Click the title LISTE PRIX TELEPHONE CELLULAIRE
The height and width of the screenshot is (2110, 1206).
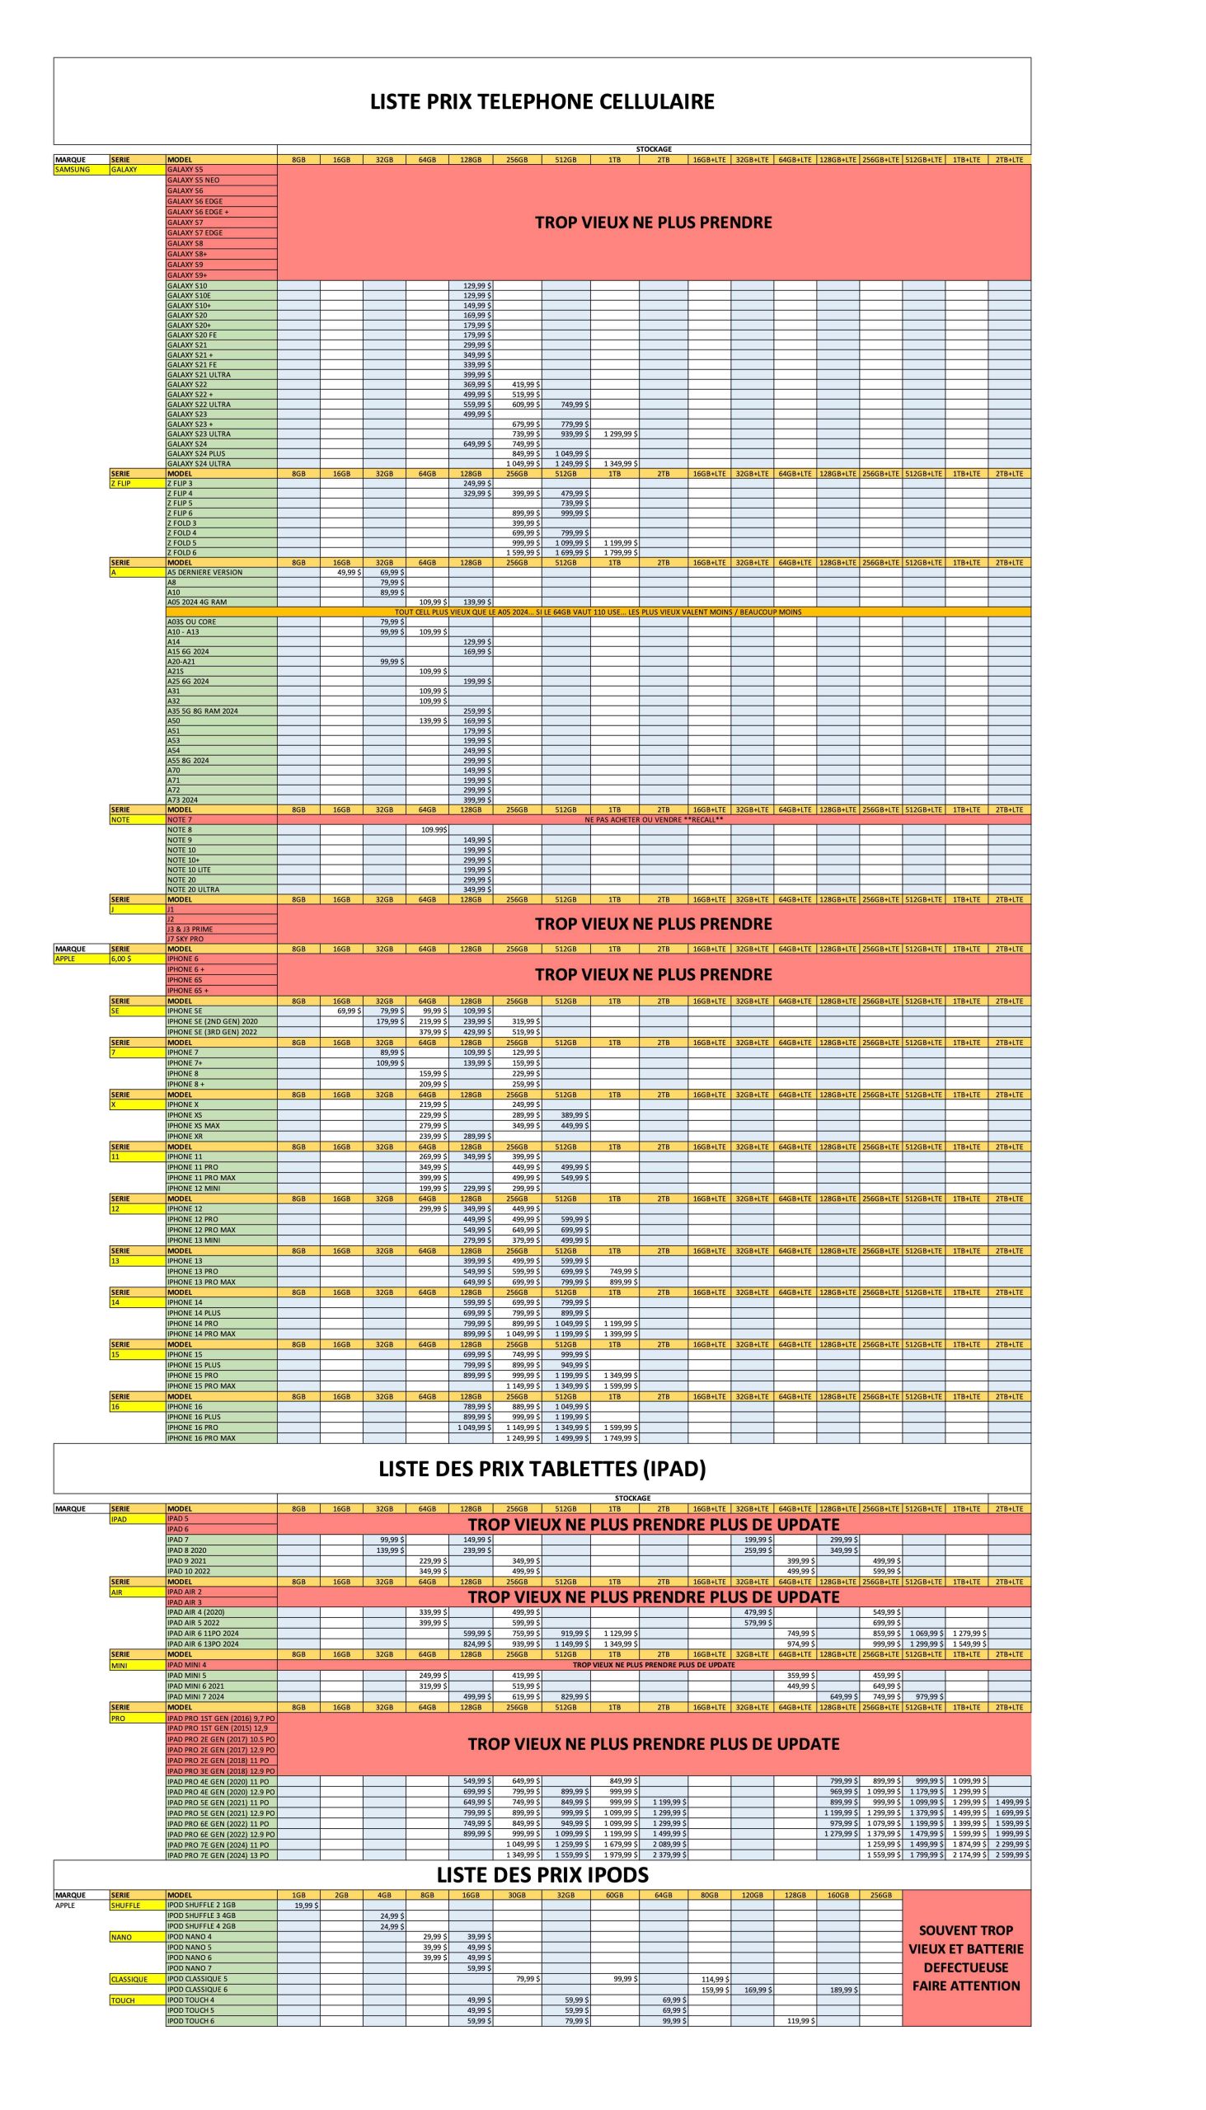pyautogui.click(x=542, y=102)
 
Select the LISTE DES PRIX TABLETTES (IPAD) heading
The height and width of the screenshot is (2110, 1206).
pyautogui.click(x=542, y=1468)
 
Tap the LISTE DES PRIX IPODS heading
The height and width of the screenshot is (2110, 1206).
pyautogui.click(x=542, y=1875)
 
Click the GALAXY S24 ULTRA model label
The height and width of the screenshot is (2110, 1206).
pyautogui.click(x=199, y=464)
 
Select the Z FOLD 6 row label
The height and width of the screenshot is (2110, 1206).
pyautogui.click(x=182, y=552)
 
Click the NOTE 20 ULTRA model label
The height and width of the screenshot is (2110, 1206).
pyautogui.click(x=194, y=889)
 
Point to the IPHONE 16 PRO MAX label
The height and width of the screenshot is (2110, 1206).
pyautogui.click(x=201, y=1437)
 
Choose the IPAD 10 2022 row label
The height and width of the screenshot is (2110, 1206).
pyautogui.click(x=189, y=1571)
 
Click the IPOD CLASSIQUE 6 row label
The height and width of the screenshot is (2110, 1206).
pyautogui.click(x=197, y=1989)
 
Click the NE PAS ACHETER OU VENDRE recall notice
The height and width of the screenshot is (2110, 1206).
pyautogui.click(x=654, y=820)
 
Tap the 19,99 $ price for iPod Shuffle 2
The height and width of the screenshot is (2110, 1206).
pyautogui.click(x=307, y=1906)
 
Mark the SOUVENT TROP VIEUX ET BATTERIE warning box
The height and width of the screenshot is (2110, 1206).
pyautogui.click(x=966, y=1958)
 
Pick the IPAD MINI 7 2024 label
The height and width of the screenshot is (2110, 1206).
pyautogui.click(x=195, y=1697)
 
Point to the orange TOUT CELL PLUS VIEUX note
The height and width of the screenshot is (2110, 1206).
pyautogui.click(x=598, y=612)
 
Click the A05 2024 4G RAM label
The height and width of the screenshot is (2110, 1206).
pyautogui.click(x=196, y=602)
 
